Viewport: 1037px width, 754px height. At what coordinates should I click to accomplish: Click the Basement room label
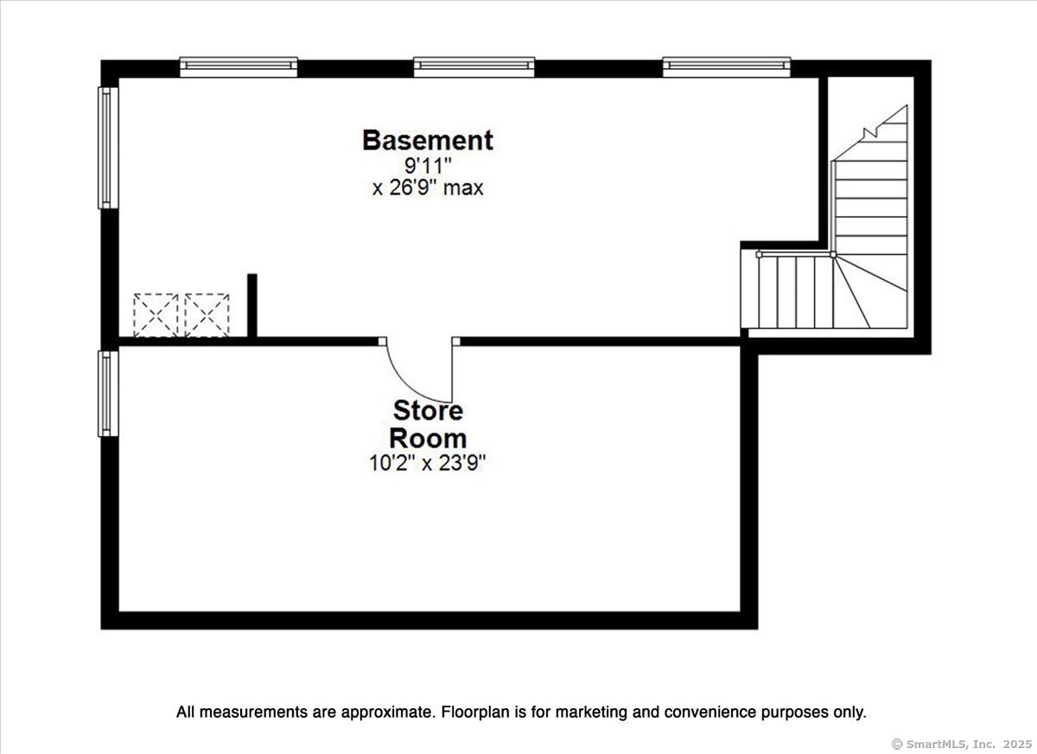coord(428,140)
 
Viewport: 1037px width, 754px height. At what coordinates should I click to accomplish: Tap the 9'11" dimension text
coord(428,165)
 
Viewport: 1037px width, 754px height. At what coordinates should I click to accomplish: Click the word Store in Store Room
coord(428,410)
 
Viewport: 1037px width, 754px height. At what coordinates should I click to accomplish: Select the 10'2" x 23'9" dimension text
coord(427,463)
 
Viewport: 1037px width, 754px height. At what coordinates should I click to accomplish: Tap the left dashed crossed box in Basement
coord(156,315)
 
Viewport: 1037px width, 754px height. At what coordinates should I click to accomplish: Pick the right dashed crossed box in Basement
coord(207,315)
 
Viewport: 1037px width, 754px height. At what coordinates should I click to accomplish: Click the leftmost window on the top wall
coord(239,67)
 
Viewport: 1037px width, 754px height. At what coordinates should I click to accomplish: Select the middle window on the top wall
coord(474,67)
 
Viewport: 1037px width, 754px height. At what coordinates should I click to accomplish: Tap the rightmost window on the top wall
coord(727,67)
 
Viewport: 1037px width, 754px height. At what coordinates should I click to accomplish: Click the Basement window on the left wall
coord(108,148)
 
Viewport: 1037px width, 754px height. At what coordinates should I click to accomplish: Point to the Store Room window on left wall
coord(108,394)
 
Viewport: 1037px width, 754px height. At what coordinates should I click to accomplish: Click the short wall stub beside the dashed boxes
coord(251,306)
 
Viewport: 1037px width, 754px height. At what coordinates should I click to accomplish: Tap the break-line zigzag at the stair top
coord(870,133)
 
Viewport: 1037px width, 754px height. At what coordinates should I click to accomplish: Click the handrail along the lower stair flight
coord(795,255)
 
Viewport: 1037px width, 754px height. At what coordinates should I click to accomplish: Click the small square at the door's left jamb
coord(382,341)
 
